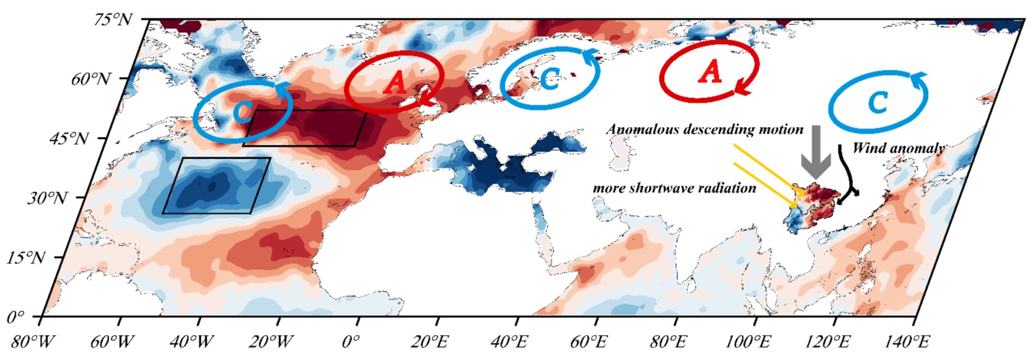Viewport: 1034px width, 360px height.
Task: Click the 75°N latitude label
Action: coord(113,20)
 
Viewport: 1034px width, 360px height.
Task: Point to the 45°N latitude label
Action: coord(68,139)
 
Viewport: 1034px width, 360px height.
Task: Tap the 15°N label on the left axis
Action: coord(26,257)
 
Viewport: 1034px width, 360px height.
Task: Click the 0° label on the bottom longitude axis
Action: coord(351,342)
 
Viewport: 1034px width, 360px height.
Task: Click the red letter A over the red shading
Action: coord(395,84)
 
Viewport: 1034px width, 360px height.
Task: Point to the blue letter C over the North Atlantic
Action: coord(242,111)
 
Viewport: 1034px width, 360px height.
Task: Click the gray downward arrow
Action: coord(815,152)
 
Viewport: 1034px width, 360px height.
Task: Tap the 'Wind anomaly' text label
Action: coord(898,148)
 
